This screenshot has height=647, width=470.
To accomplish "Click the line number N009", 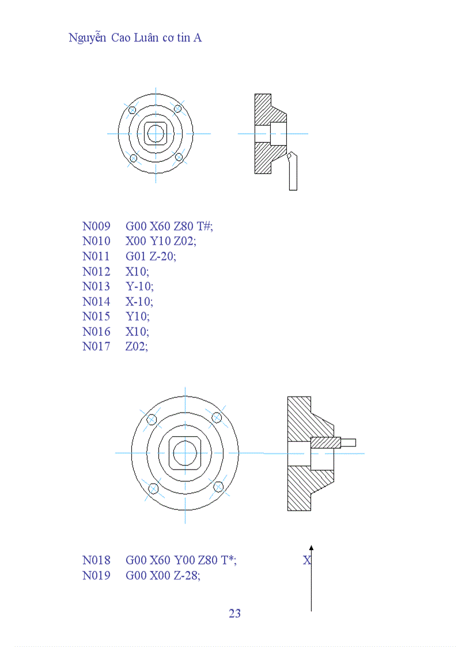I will click(x=96, y=226).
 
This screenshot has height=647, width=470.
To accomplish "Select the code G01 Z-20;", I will click(x=151, y=256).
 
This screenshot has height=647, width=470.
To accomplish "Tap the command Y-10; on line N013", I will click(x=139, y=286).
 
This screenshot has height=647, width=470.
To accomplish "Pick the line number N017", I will click(x=96, y=346).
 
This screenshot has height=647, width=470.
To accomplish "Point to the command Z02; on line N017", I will click(x=137, y=346).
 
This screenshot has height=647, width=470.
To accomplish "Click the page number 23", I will click(x=234, y=613).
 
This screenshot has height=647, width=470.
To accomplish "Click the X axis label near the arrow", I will click(x=306, y=560).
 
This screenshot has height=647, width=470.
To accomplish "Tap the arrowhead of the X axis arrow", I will click(x=311, y=548).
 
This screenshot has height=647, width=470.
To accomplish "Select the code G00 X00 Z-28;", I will click(x=163, y=575).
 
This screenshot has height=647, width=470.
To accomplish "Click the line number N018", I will click(x=96, y=560).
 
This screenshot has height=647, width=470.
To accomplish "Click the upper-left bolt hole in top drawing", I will click(x=132, y=109).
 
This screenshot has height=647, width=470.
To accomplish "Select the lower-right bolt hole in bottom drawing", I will click(x=218, y=487).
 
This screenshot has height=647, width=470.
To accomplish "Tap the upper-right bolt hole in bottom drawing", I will click(x=217, y=417).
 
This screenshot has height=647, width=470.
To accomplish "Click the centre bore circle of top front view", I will click(x=156, y=134).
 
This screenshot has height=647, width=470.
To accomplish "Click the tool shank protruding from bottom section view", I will click(x=348, y=442).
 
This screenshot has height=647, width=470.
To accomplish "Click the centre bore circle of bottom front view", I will click(x=185, y=453).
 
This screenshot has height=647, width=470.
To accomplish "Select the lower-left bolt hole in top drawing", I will click(x=133, y=158).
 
